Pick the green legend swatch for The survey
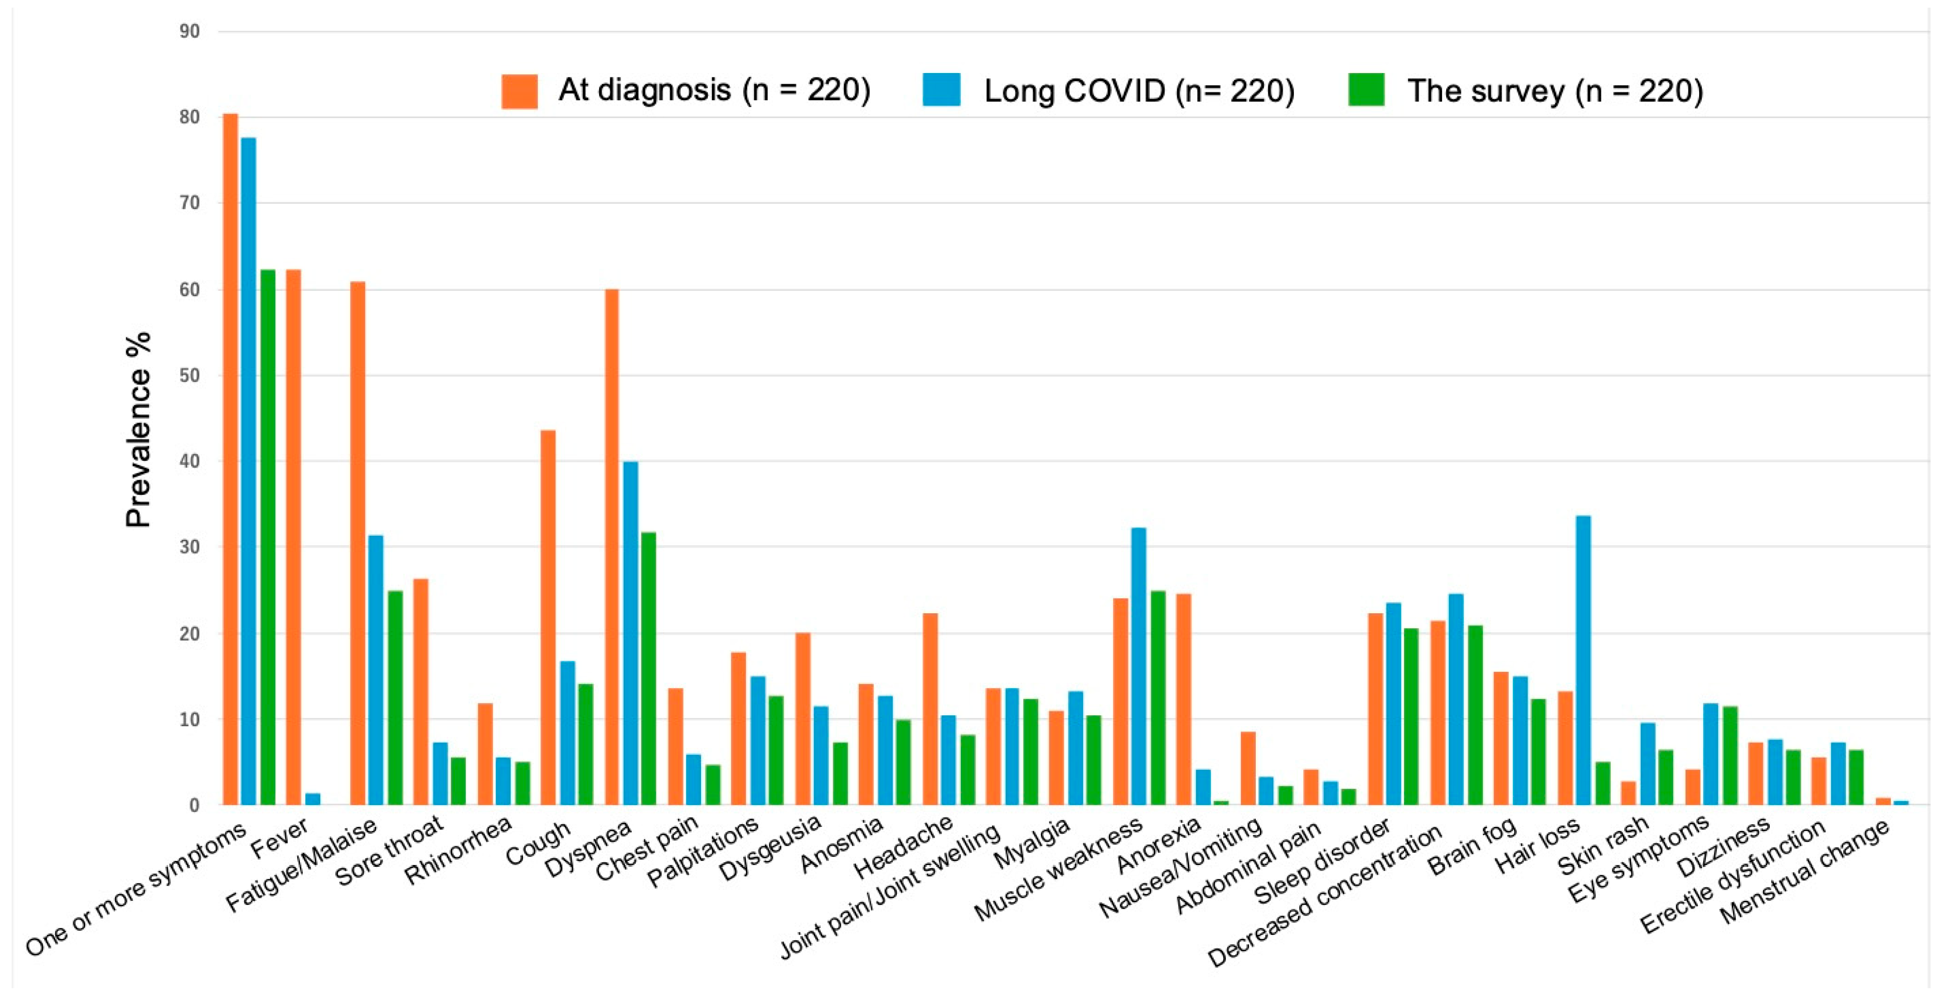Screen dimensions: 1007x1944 (x=1366, y=90)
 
